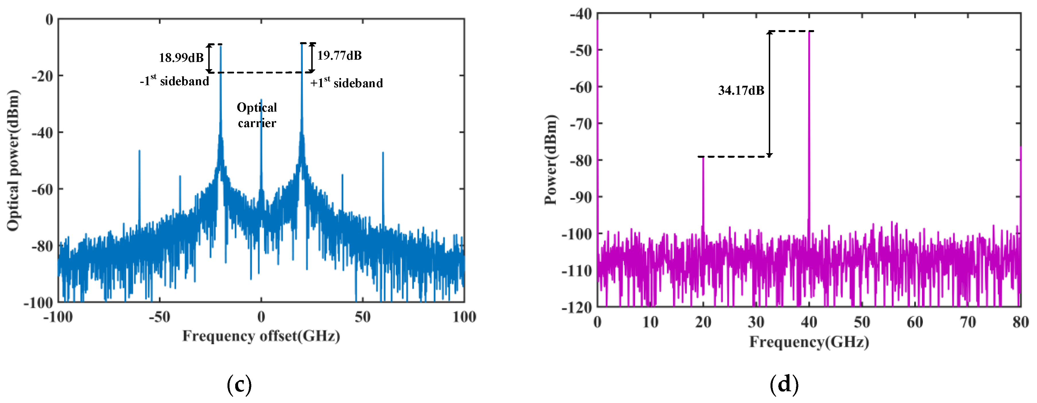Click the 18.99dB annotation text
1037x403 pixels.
pyautogui.click(x=181, y=58)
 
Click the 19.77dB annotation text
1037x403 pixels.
pyautogui.click(x=339, y=56)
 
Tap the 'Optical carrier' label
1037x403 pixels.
pyautogui.click(x=257, y=115)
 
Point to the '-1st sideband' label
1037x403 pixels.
pyautogui.click(x=174, y=81)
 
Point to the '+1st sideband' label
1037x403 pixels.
pyautogui.click(x=346, y=83)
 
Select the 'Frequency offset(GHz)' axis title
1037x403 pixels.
pyautogui.click(x=261, y=336)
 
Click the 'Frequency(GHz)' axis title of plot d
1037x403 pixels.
pyautogui.click(x=809, y=342)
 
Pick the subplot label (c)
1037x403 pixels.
pyautogui.click(x=239, y=384)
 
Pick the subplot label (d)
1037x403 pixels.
pyautogui.click(x=784, y=384)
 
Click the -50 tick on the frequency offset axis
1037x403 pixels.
pyautogui.click(x=159, y=317)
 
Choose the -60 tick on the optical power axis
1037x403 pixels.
pyautogui.click(x=42, y=189)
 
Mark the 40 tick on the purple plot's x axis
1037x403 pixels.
pyautogui.click(x=809, y=322)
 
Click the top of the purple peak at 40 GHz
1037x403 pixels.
pyautogui.click(x=809, y=32)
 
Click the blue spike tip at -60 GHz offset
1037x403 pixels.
pyautogui.click(x=139, y=151)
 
